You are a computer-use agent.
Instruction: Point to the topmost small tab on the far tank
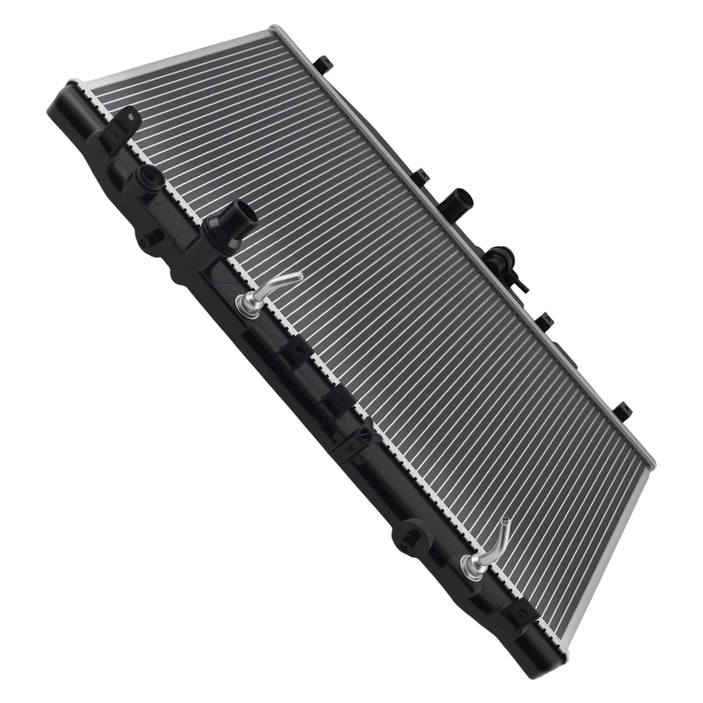coord(323,65)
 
